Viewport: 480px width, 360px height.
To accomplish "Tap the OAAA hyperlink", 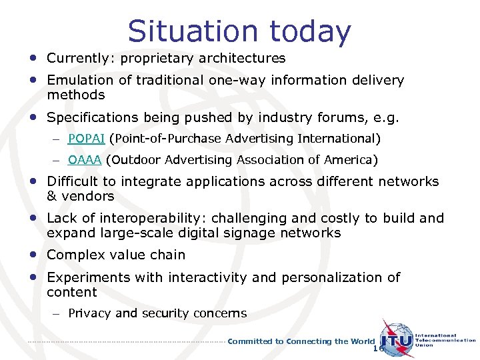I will tap(85, 160).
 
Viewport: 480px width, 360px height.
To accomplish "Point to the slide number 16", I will tap(379, 349).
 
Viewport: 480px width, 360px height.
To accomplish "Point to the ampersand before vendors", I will tap(52, 197).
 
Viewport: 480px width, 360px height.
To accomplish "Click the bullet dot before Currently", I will tap(33, 58).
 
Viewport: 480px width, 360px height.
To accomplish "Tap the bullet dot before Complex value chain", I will tap(33, 254).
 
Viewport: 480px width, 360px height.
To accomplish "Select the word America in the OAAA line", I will tap(351, 160).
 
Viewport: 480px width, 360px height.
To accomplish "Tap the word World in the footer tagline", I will tap(364, 341).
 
